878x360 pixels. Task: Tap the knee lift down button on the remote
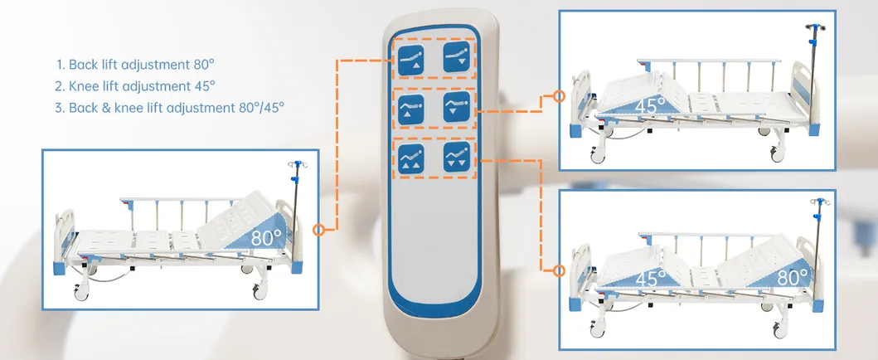click(456, 107)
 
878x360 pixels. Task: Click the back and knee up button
click(410, 158)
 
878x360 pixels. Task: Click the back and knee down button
click(456, 157)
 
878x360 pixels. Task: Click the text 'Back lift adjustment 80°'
click(135, 65)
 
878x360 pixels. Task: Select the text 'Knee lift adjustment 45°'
click(135, 85)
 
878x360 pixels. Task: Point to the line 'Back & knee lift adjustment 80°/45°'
click(170, 107)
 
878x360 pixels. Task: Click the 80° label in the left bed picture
click(265, 237)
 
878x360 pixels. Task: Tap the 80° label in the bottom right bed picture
click(793, 276)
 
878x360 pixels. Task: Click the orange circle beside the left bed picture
click(318, 230)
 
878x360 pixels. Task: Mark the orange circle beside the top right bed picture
click(558, 96)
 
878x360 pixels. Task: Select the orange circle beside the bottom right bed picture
click(558, 271)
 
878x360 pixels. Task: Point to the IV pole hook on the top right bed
click(815, 27)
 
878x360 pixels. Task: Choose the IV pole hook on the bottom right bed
click(820, 202)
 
